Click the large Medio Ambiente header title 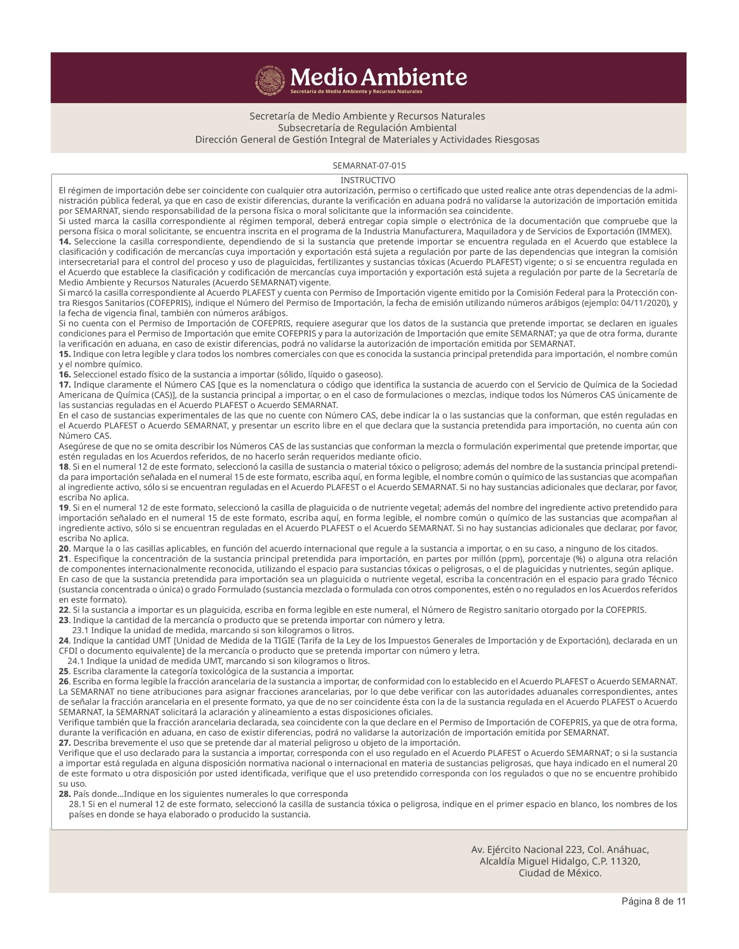pyautogui.click(x=378, y=77)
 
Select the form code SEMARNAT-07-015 pyautogui.click(x=369, y=166)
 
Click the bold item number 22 pyautogui.click(x=64, y=610)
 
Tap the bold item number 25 pyautogui.click(x=64, y=671)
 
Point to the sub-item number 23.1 pyautogui.click(x=80, y=631)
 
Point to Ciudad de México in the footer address pyautogui.click(x=560, y=873)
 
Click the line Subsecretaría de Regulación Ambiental pyautogui.click(x=367, y=128)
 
